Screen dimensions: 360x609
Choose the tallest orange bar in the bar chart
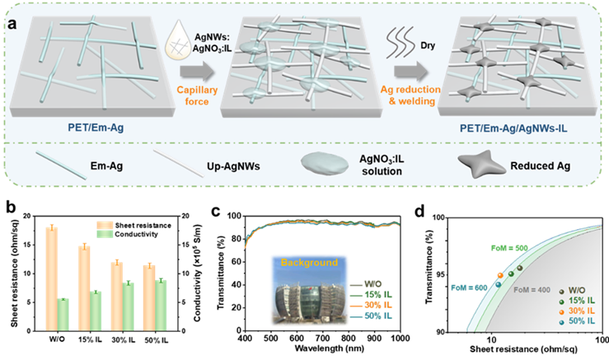51,280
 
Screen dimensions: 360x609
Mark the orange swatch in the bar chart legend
105,225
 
